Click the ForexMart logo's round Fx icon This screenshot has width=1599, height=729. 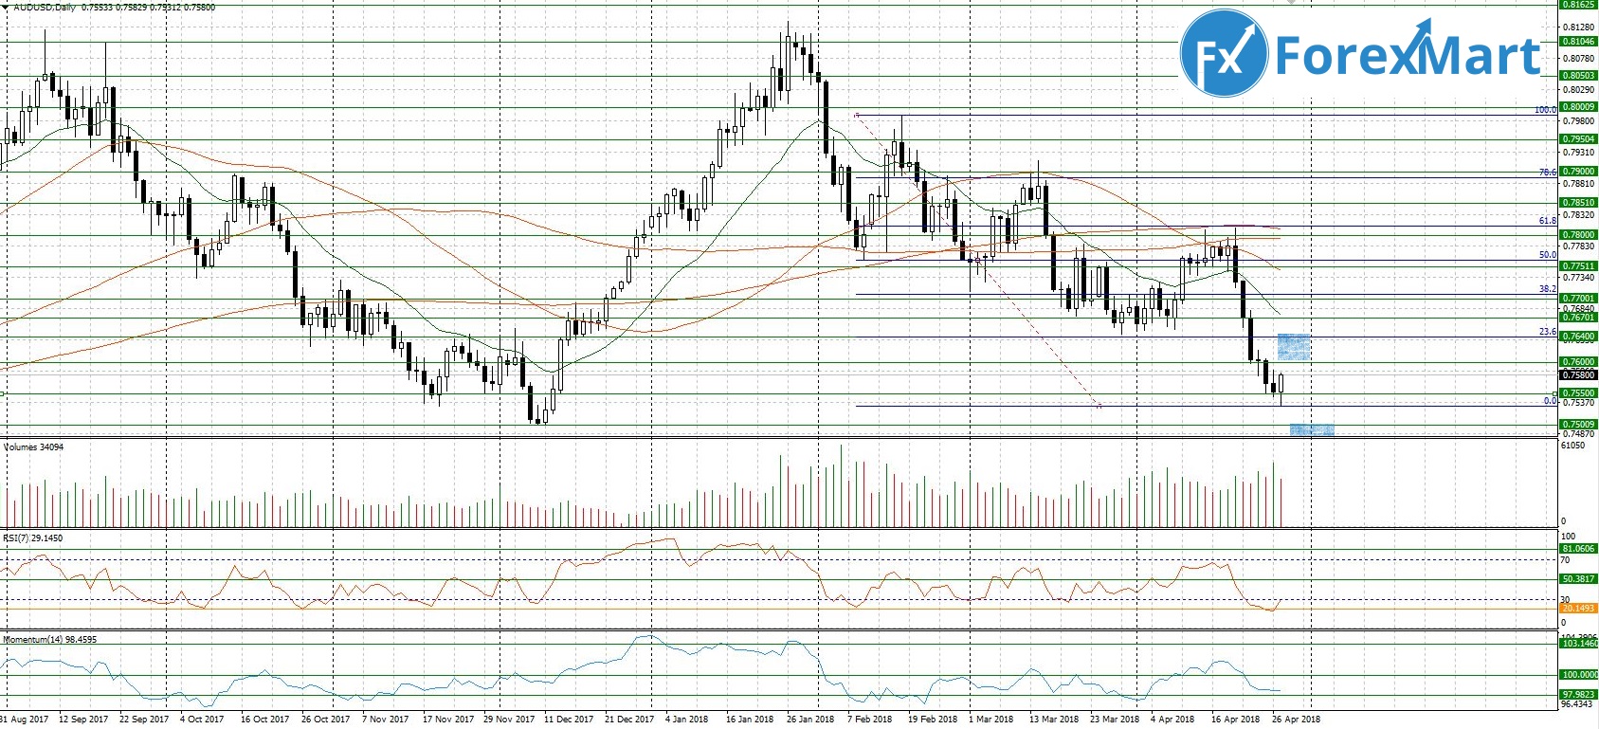(x=1224, y=54)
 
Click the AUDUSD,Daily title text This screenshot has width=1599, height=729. (x=45, y=8)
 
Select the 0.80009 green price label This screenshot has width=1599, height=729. (x=1578, y=107)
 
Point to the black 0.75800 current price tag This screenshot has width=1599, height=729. (x=1578, y=375)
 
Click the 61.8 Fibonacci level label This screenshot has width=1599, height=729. (x=1547, y=221)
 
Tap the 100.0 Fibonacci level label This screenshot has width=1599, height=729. (x=1545, y=110)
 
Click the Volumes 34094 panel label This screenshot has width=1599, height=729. (x=33, y=447)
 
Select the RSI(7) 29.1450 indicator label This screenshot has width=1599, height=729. (x=33, y=538)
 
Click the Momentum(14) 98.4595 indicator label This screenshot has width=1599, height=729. (x=49, y=640)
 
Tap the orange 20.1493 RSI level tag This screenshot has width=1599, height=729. (x=1578, y=609)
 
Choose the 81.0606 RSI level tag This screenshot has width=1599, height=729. (x=1578, y=549)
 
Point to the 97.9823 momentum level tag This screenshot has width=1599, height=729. (x=1578, y=695)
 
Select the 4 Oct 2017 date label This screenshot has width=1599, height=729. (x=202, y=720)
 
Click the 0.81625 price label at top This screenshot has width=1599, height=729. (x=1578, y=5)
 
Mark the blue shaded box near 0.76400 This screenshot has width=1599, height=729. (x=1294, y=347)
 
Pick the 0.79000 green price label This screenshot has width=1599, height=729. (x=1578, y=172)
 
